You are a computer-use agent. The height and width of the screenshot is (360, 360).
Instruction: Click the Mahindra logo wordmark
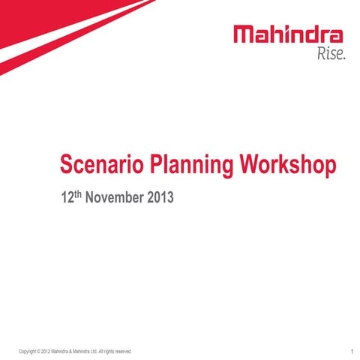(x=289, y=34)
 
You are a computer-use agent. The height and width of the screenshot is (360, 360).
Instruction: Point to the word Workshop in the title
(x=283, y=165)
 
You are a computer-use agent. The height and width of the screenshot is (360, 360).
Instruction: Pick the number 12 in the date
(x=66, y=200)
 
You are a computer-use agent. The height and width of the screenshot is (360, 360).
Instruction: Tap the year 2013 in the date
(x=160, y=200)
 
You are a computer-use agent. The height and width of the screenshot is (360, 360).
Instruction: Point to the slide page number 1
(x=351, y=350)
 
